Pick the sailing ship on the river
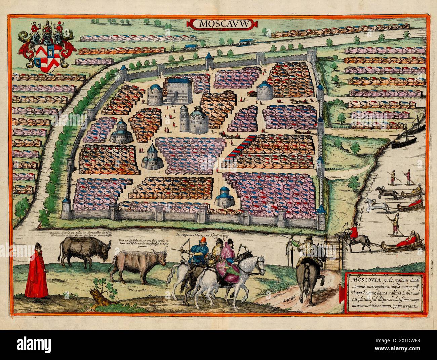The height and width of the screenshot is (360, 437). pyautogui.click(x=412, y=132)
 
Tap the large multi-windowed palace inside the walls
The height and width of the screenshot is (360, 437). pyautogui.click(x=178, y=90)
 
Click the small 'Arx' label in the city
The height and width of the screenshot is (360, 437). pyautogui.click(x=174, y=106)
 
